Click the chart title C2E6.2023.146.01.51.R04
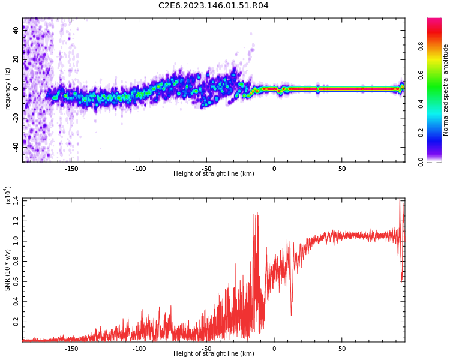pyautogui.click(x=214, y=6)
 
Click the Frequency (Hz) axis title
pyautogui.click(x=7, y=90)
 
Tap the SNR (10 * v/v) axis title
pyautogui.click(x=8, y=262)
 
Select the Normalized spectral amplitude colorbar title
pyautogui.click(x=446, y=90)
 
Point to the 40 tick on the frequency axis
pyautogui.click(x=16, y=30)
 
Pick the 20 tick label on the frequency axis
pyautogui.click(x=16, y=59)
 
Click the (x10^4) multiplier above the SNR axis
pyautogui.click(x=8, y=195)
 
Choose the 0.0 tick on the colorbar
pyautogui.click(x=437, y=161)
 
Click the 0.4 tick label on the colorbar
pyautogui.click(x=437, y=104)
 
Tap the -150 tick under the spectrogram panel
pyautogui.click(x=71, y=169)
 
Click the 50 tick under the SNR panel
pyautogui.click(x=341, y=348)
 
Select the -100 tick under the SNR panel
pyautogui.click(x=139, y=348)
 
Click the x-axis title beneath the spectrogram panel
pyautogui.click(x=214, y=174)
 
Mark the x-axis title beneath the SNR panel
pyautogui.click(x=214, y=354)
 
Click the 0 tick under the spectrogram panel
pyautogui.click(x=274, y=169)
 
